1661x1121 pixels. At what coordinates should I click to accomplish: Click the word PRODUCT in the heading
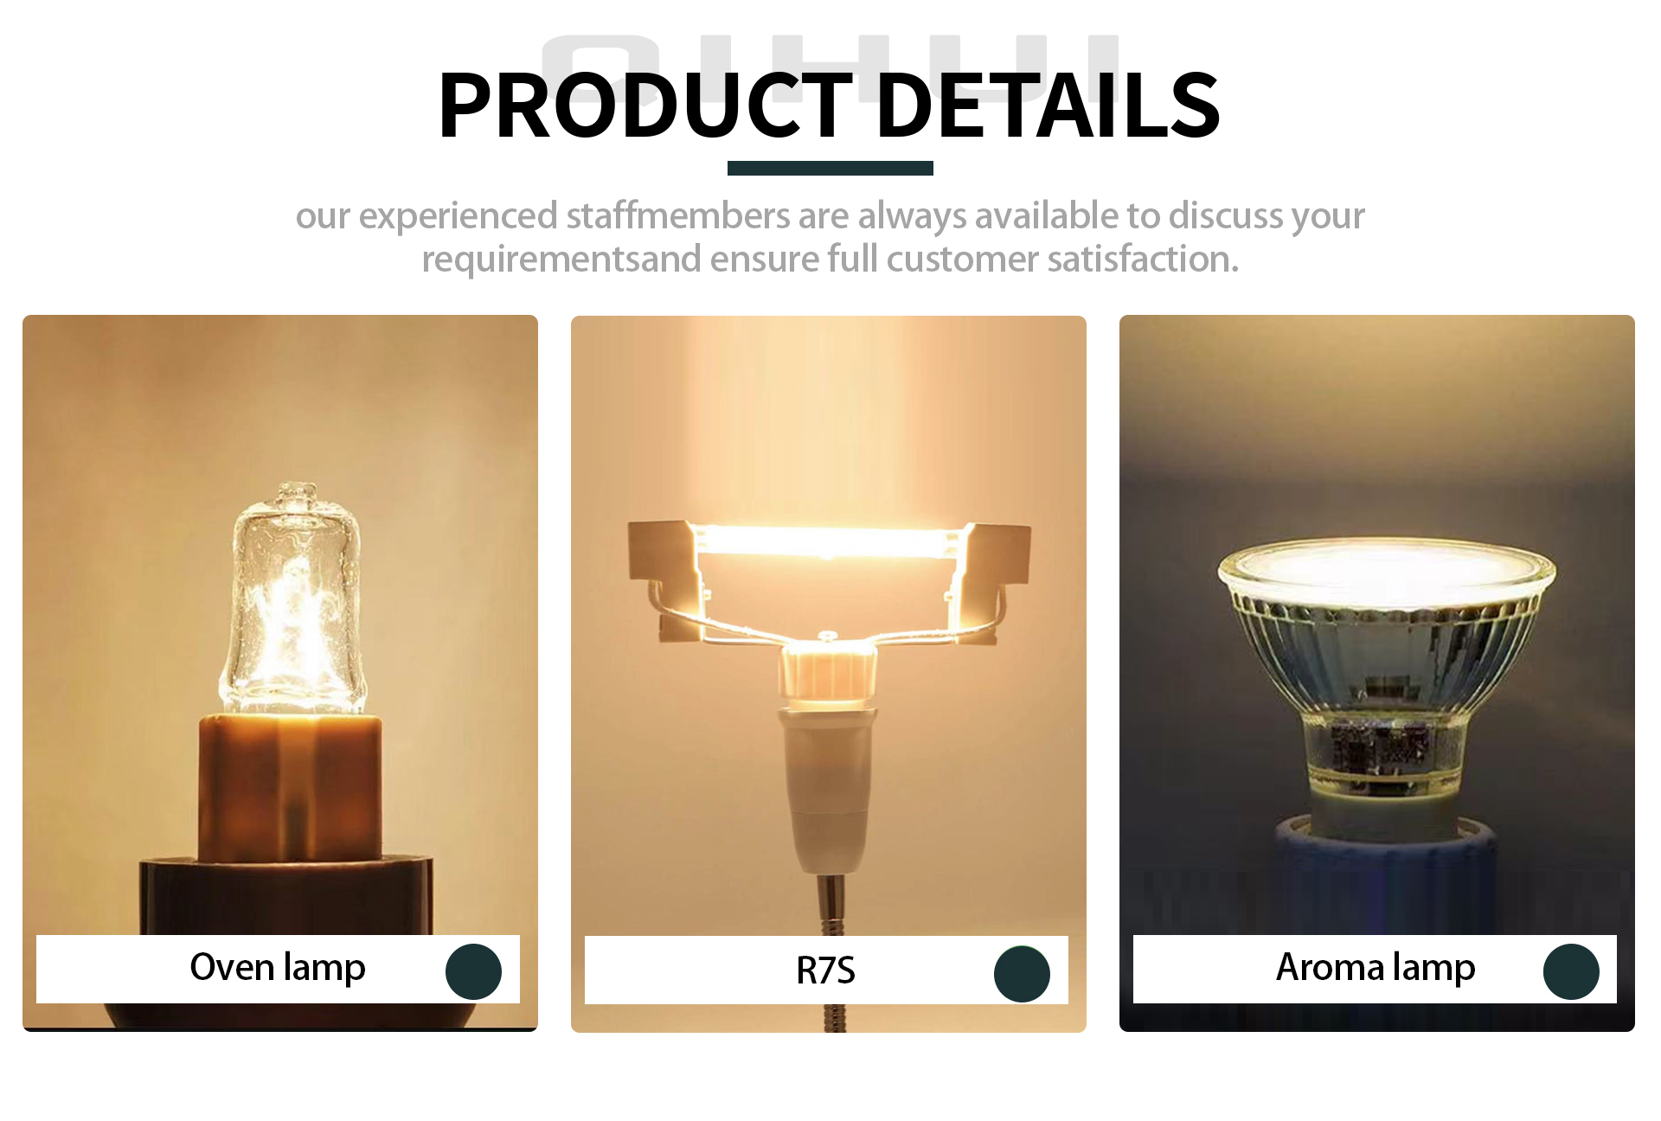[x=646, y=105]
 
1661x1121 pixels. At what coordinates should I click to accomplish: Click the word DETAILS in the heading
[x=1048, y=105]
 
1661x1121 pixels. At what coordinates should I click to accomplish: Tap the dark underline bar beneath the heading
[x=830, y=168]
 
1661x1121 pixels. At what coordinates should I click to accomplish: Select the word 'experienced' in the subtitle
[x=458, y=216]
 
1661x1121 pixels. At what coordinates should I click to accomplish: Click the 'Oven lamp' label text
[x=278, y=968]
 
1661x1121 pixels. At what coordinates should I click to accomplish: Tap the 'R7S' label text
[x=825, y=970]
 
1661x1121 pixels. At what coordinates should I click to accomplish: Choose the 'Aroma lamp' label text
[x=1376, y=968]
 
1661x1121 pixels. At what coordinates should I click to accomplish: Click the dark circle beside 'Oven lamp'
[x=473, y=971]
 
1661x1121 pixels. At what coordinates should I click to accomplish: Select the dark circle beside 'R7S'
[x=1022, y=974]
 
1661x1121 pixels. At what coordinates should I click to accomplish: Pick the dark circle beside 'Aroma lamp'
[x=1571, y=971]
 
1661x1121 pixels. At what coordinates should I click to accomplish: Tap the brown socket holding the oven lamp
[x=290, y=787]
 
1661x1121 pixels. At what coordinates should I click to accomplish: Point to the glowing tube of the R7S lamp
[x=829, y=541]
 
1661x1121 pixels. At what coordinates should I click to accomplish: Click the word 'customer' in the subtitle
[x=962, y=259]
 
